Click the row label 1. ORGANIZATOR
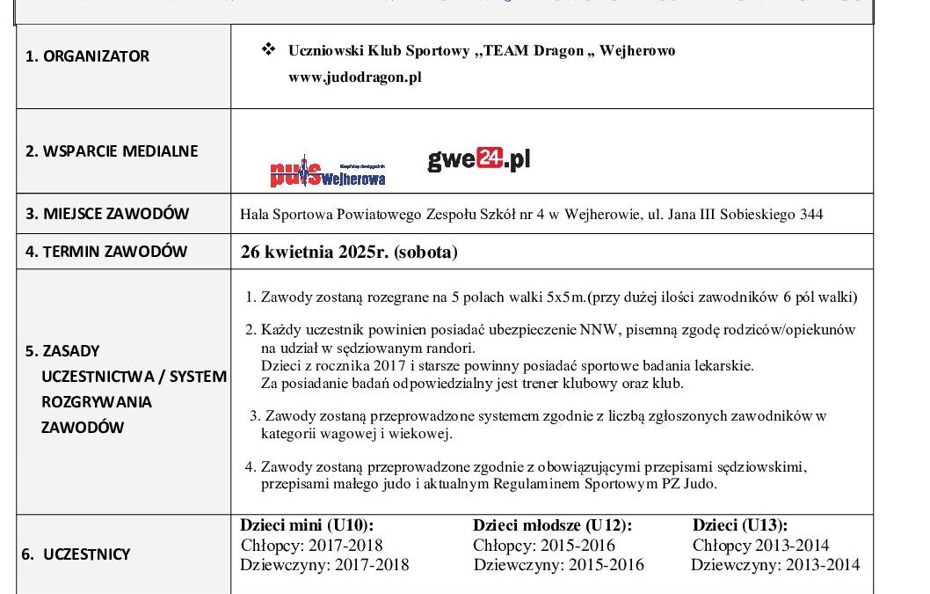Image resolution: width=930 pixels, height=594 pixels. pos(87,56)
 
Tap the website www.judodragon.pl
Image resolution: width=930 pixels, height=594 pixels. pos(355,77)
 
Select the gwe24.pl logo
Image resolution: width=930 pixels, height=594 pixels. pos(479,160)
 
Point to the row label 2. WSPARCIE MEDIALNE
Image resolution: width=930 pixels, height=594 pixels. pos(112,150)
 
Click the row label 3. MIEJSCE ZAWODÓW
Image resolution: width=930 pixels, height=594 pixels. pos(107,214)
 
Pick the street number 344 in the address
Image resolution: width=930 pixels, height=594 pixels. pos(811,214)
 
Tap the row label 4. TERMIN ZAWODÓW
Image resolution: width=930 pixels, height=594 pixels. pos(106,251)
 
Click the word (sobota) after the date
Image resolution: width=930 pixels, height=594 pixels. pos(425,253)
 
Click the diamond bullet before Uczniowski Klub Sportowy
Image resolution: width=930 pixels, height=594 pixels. pos(269,50)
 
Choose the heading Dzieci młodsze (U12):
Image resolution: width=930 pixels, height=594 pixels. pos(552,525)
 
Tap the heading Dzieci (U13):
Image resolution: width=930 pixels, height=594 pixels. pos(739,525)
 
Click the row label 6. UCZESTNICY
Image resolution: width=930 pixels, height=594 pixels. pos(76,554)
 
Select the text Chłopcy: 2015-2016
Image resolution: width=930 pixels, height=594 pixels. pos(544,546)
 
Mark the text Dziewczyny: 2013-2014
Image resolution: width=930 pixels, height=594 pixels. pos(775,565)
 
